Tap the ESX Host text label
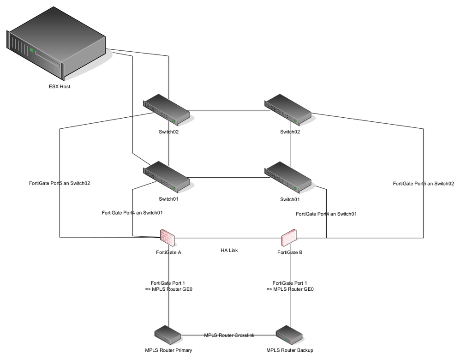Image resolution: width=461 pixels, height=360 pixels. pos(60,86)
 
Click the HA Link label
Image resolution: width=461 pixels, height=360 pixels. pos(229,250)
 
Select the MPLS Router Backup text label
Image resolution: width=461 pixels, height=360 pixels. pos(289,350)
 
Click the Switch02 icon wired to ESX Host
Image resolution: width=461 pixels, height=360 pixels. pos(167,111)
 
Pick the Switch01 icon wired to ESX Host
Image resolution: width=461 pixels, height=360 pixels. pos(167,177)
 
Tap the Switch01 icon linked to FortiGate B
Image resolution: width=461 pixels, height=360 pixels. pos(289,177)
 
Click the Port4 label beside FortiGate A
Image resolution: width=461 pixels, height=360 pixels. pos(132,213)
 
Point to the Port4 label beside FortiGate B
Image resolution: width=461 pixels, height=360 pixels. pos(326,214)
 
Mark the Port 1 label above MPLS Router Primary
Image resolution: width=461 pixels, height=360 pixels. pos(168,286)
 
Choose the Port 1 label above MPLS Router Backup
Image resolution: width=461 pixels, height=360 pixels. pos(290,286)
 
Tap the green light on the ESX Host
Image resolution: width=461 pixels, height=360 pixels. pos(31,49)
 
